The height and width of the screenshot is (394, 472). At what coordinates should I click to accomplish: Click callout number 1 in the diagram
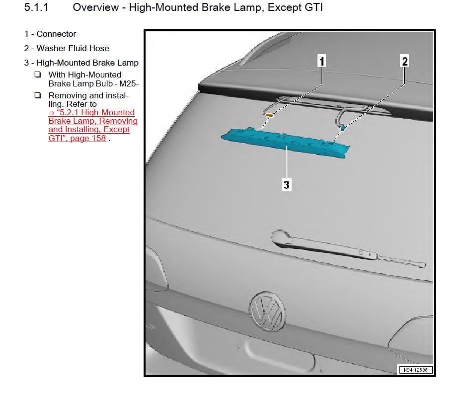(x=321, y=61)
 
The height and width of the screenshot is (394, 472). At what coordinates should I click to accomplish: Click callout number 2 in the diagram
(x=404, y=61)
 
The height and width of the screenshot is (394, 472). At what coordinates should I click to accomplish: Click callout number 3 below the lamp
(x=287, y=185)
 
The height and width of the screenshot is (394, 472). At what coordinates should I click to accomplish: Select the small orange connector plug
(x=270, y=115)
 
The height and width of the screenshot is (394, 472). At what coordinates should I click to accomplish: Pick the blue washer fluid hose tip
(x=343, y=128)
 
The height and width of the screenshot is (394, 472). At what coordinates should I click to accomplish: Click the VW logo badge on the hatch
(x=267, y=311)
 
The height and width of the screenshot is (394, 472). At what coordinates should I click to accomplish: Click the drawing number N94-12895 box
(x=415, y=370)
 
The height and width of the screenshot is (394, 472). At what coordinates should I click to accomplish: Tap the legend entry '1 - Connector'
(x=50, y=34)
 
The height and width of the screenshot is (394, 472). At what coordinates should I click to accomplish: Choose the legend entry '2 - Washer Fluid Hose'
(x=67, y=48)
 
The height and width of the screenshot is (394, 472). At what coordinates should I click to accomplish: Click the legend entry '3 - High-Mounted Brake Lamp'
(x=81, y=63)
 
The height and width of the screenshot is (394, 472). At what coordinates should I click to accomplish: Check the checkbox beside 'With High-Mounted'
(x=38, y=75)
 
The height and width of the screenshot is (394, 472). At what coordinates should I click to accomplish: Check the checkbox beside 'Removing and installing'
(x=38, y=95)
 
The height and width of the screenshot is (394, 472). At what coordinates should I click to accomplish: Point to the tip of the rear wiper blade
(x=424, y=265)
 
